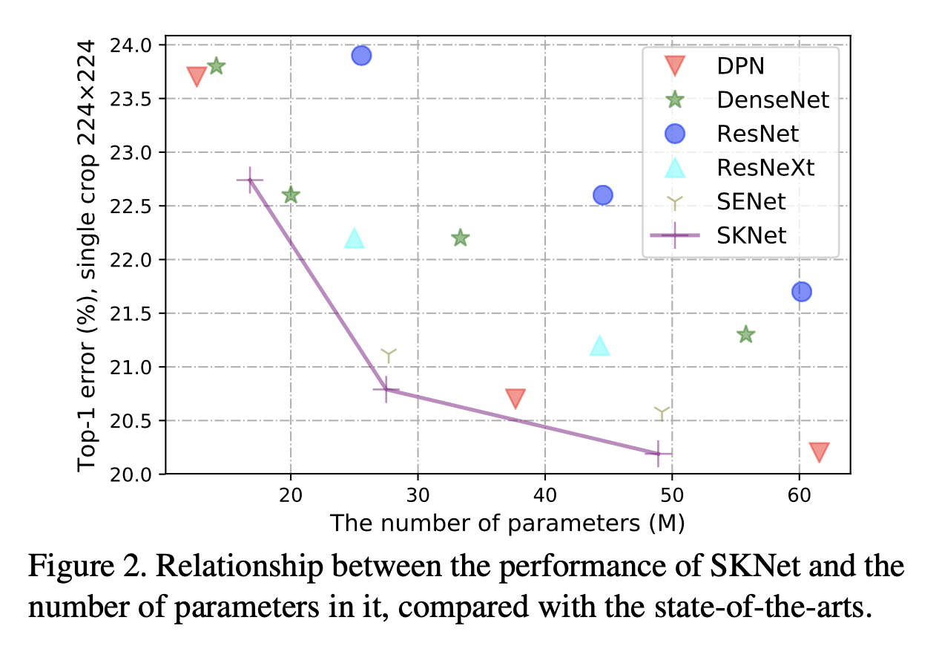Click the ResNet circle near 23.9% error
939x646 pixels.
tap(361, 56)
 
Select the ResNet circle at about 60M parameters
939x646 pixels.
tap(801, 291)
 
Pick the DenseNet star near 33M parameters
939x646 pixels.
tap(460, 238)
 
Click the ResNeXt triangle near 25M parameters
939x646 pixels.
tap(355, 238)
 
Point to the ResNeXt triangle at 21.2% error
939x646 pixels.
tap(599, 345)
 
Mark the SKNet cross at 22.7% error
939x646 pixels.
tap(250, 180)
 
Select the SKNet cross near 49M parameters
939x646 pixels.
tap(658, 453)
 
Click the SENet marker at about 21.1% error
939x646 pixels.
tap(389, 355)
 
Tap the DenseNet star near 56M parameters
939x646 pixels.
tap(745, 335)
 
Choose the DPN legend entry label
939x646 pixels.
tap(740, 66)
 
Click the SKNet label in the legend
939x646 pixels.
tap(751, 235)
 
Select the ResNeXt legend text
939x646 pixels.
tap(765, 168)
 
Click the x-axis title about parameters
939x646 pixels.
tap(507, 523)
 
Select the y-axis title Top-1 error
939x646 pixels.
tap(88, 255)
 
